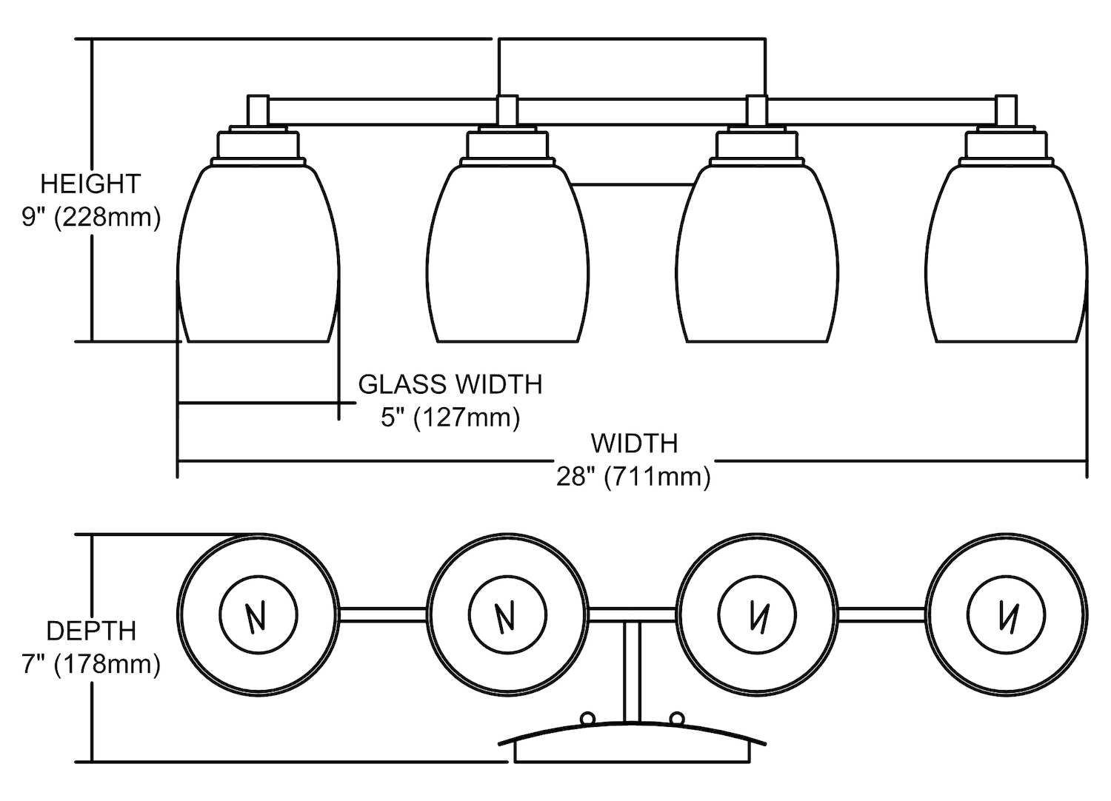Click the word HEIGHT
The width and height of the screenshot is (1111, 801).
click(90, 184)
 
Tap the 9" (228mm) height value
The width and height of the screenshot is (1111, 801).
click(90, 218)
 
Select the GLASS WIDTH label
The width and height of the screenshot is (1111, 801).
click(450, 384)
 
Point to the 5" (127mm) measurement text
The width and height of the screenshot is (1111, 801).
click(450, 418)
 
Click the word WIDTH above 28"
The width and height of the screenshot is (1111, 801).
click(634, 443)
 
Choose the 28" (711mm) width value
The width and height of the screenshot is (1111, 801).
click(634, 477)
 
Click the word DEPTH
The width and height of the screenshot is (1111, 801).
click(91, 631)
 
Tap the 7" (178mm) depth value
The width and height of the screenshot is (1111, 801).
click(91, 664)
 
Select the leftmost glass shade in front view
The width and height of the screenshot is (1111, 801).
click(258, 255)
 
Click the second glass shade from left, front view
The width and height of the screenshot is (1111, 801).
click(507, 255)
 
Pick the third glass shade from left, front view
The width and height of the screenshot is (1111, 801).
click(757, 255)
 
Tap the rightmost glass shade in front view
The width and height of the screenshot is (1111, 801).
click(1006, 255)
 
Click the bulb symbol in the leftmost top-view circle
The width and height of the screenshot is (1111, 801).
click(258, 615)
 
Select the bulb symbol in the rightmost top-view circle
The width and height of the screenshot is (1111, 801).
click(1006, 615)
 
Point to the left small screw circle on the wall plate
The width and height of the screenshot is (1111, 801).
click(588, 717)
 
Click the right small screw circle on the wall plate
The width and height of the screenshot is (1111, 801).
click(676, 717)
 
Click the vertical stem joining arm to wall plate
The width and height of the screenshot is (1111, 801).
click(632, 670)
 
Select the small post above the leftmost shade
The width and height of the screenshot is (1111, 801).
click(258, 111)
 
